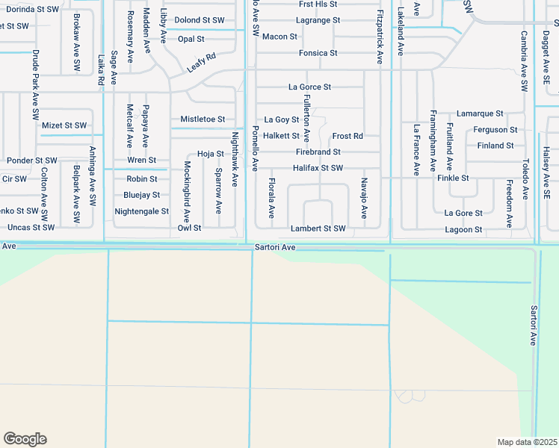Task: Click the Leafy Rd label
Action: coord(200,61)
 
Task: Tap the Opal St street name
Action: coord(191,39)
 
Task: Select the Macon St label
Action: coord(280,37)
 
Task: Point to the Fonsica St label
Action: coord(318,53)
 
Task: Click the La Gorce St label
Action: coord(309,87)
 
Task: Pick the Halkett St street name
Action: coord(281,136)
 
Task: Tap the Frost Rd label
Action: coord(348,136)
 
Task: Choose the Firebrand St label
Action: coord(318,152)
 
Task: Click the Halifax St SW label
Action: coord(318,168)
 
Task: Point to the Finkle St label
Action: coord(453,178)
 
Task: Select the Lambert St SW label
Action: coord(318,228)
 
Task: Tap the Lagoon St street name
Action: coord(463,229)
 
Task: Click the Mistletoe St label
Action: coord(203,119)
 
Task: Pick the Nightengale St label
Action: coord(141,212)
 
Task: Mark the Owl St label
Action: coord(189,228)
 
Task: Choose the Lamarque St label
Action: coord(480,113)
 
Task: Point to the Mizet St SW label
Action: coord(64,125)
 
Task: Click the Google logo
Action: coord(25,439)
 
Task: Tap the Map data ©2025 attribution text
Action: coord(527,442)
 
